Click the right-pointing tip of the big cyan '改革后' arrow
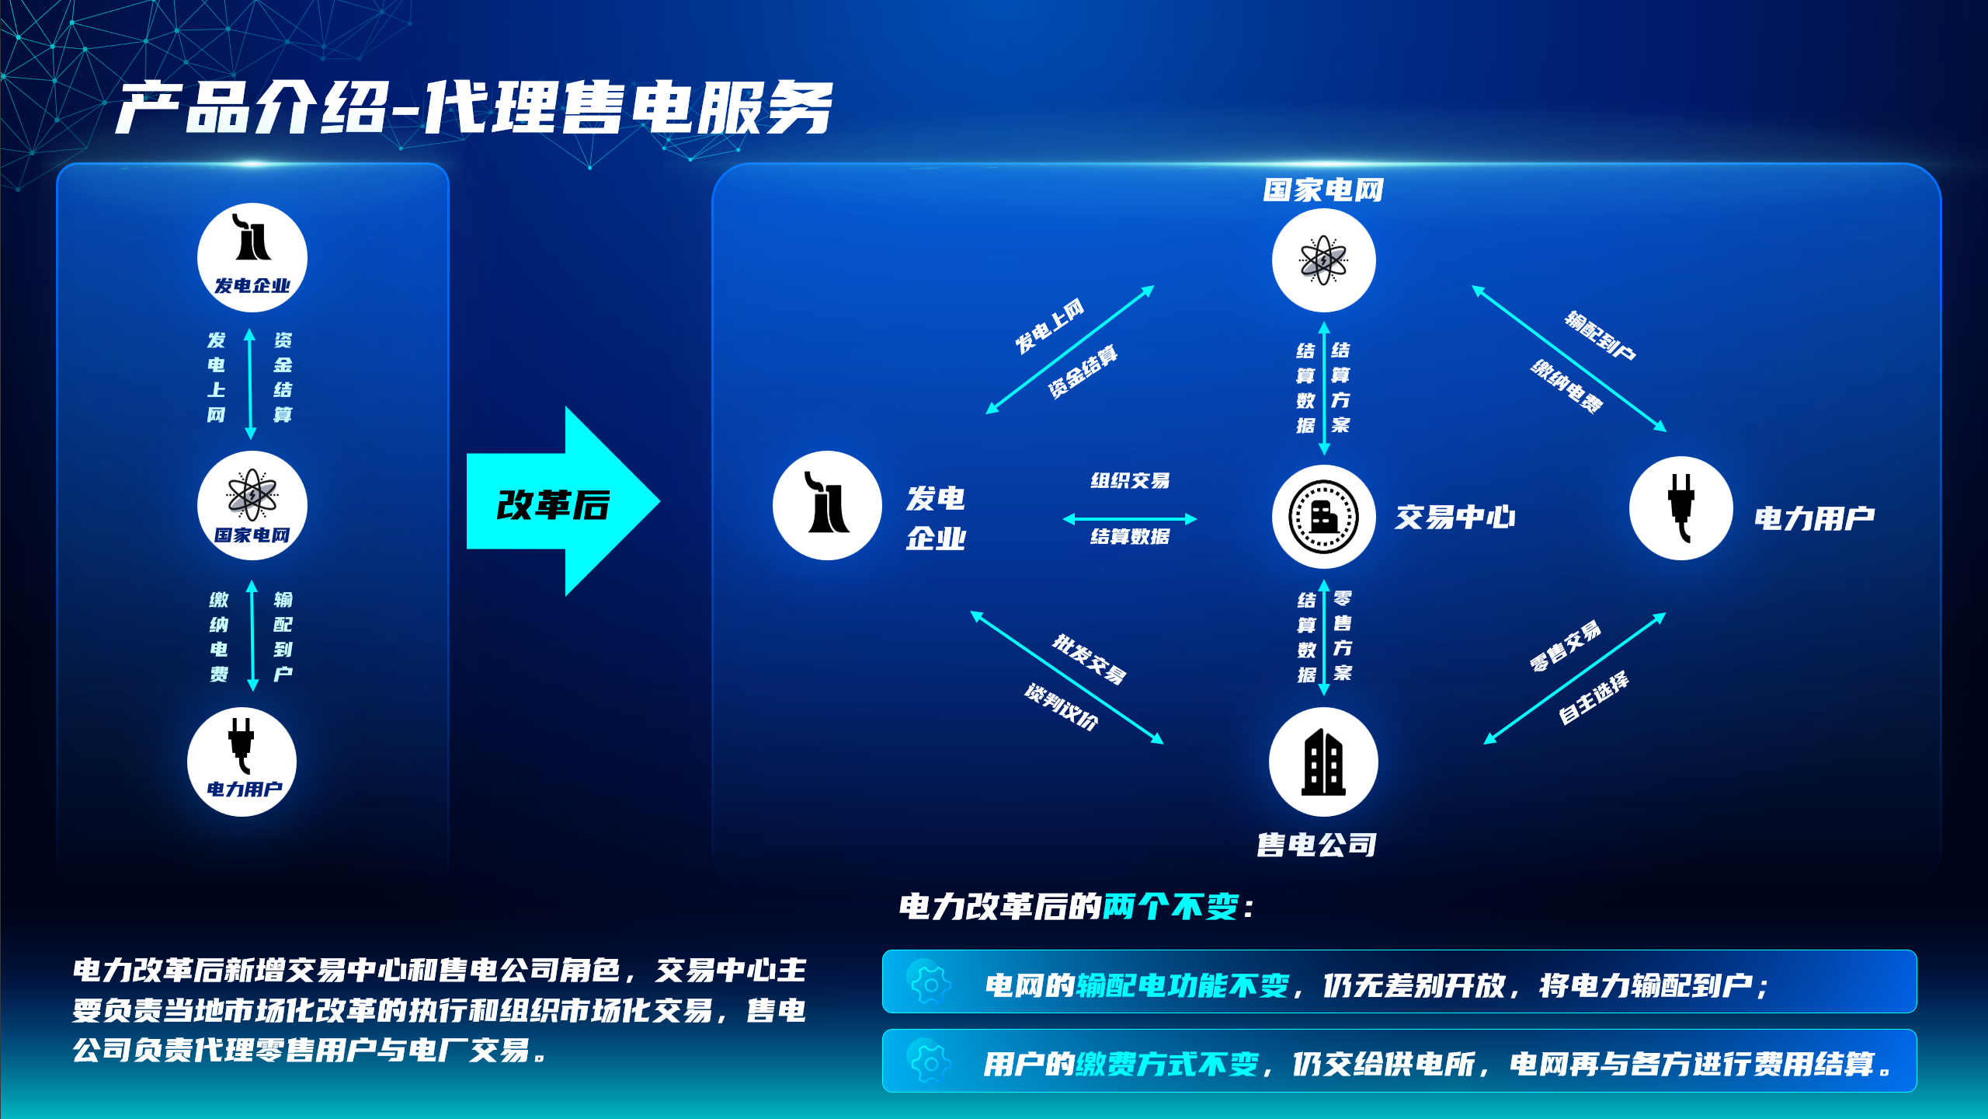(659, 501)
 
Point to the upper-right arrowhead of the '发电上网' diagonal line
(1152, 288)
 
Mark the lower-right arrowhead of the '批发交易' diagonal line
(1161, 741)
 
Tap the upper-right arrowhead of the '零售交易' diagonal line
(1663, 615)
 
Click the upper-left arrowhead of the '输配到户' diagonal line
(1475, 288)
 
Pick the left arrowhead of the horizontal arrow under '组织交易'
(1065, 518)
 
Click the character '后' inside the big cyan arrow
(592, 505)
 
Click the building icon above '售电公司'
(1323, 762)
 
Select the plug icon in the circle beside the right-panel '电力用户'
(1681, 507)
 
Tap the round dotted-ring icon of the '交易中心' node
(1323, 516)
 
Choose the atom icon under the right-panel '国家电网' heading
(1323, 260)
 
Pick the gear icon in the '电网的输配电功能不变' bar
(930, 984)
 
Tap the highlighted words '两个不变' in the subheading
(1170, 906)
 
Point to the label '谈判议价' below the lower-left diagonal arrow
(1062, 706)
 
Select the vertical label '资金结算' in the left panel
(283, 377)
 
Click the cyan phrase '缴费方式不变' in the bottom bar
(1167, 1063)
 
